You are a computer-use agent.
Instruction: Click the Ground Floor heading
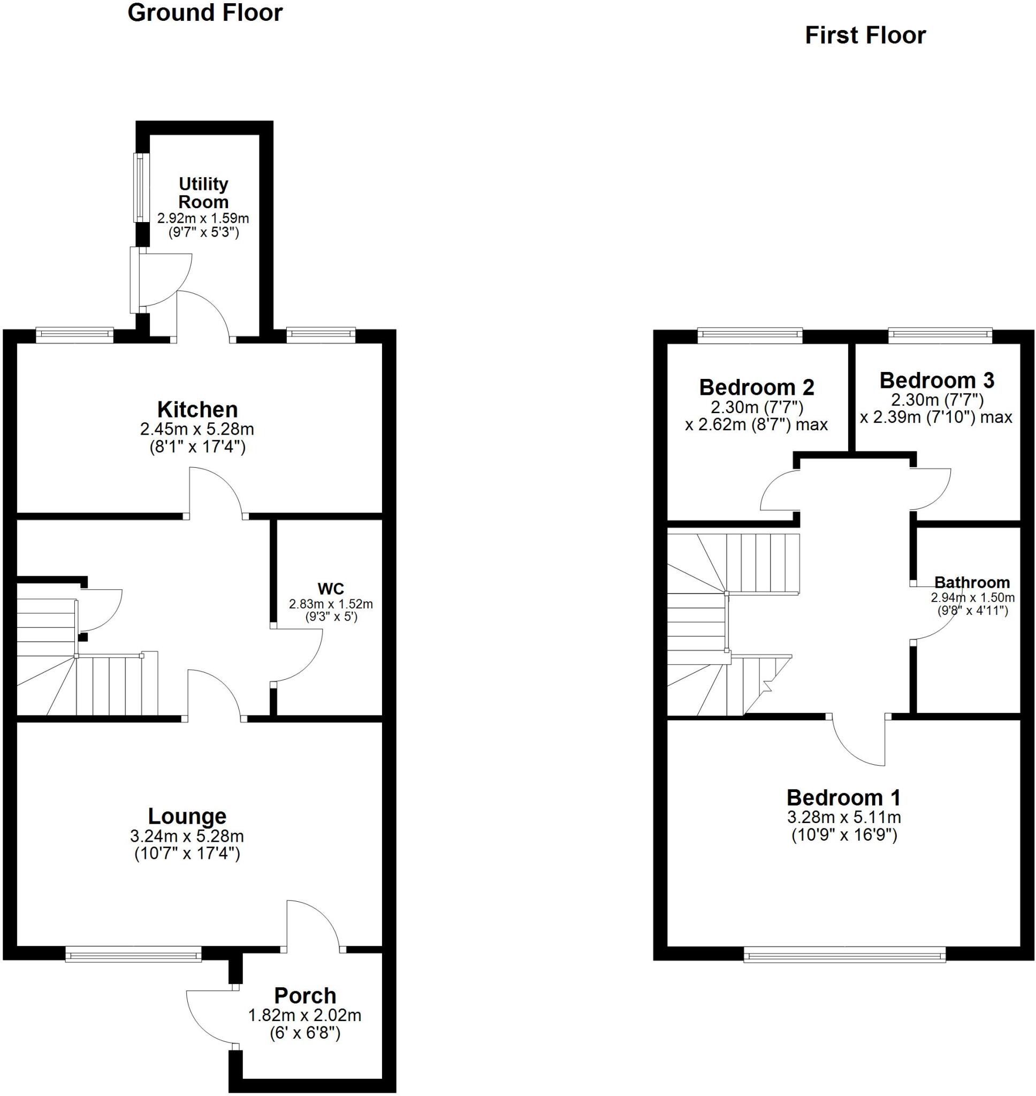point(205,13)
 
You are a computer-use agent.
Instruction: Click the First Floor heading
point(865,35)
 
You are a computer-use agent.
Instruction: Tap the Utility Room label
point(203,193)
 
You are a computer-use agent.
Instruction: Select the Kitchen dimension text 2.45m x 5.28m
point(197,429)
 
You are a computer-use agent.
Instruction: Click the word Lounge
point(187,816)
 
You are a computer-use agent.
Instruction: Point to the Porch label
point(305,995)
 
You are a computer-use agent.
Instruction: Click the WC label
point(331,587)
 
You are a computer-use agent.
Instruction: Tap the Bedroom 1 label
point(843,797)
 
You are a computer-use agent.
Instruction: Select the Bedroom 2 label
point(756,387)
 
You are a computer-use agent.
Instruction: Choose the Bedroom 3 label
point(936,380)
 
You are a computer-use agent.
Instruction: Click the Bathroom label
point(972,582)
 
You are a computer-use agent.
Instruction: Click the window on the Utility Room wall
point(141,188)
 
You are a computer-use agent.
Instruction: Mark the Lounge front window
point(133,954)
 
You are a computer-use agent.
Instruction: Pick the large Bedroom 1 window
point(844,954)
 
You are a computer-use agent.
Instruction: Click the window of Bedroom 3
point(939,334)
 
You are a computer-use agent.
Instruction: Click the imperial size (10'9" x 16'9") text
point(843,835)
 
